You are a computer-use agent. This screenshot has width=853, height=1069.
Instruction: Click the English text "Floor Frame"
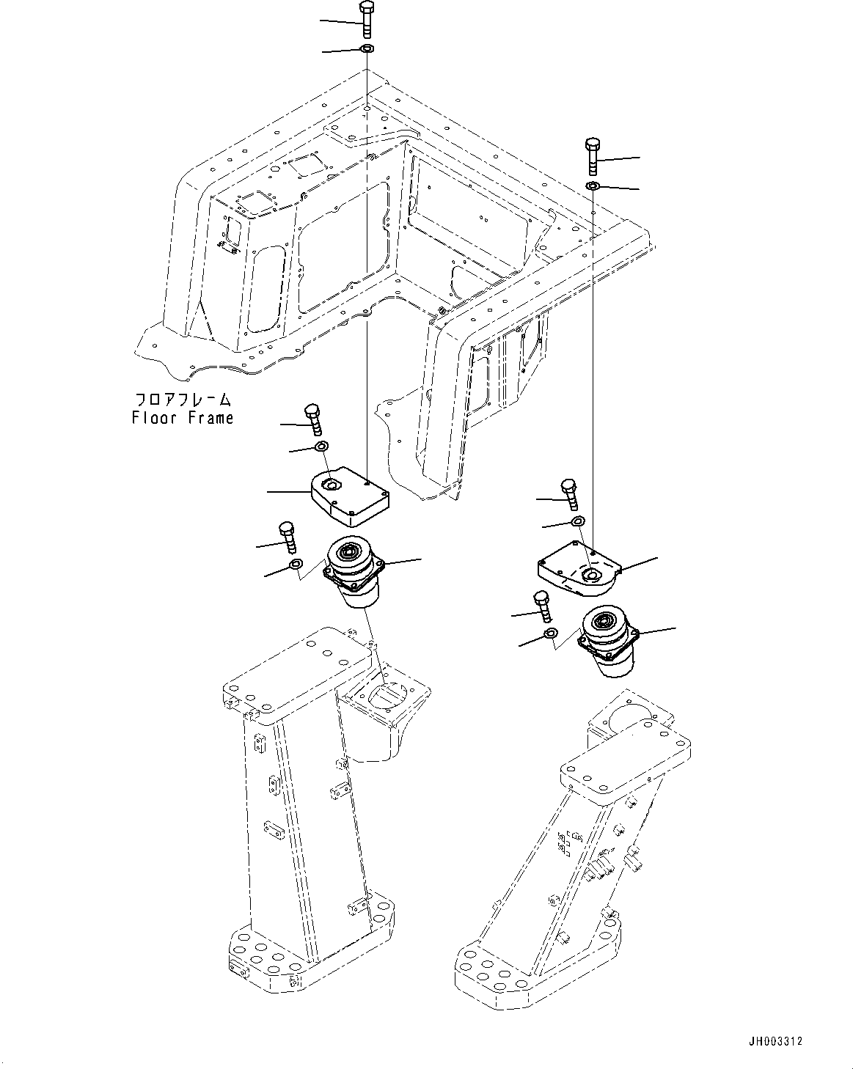[x=183, y=418]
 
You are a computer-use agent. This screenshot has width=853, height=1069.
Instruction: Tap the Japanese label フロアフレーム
[x=183, y=400]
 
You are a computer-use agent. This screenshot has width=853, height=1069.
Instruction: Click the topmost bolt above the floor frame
[x=367, y=20]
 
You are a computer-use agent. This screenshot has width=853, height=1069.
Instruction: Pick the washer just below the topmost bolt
[x=367, y=49]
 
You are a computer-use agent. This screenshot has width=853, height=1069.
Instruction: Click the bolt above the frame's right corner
[x=593, y=155]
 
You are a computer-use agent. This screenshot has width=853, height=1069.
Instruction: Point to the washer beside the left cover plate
[x=321, y=447]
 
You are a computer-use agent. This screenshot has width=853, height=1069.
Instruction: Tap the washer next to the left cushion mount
[x=295, y=564]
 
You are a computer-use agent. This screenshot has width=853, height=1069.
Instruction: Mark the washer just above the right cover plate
[x=577, y=521]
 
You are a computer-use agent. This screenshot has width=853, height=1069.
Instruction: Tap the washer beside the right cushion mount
[x=550, y=633]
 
